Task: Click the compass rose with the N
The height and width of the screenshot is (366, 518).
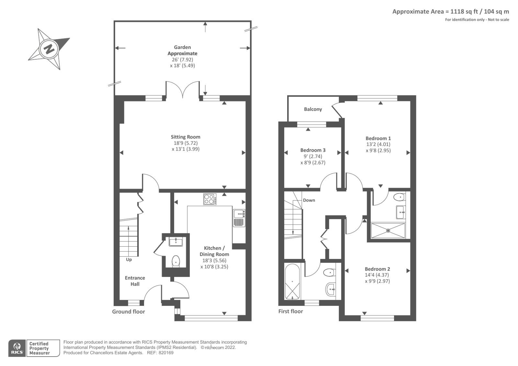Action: click(49, 49)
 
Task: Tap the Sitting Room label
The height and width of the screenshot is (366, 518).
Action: click(186, 137)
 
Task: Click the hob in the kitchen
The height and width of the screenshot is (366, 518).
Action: click(210, 199)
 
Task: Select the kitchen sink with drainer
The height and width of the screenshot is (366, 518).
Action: click(239, 217)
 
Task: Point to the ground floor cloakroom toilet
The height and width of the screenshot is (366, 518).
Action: click(175, 261)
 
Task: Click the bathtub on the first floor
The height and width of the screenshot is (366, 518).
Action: click(293, 282)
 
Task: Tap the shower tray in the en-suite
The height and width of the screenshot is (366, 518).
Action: click(388, 230)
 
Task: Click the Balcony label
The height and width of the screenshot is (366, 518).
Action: click(313, 109)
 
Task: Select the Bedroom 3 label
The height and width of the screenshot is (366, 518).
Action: click(313, 150)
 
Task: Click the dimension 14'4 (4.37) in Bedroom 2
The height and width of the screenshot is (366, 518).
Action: click(377, 275)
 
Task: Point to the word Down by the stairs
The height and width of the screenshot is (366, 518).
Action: click(309, 200)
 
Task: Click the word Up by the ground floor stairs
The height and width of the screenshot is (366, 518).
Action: click(129, 260)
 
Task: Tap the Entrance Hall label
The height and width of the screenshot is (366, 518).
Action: click(135, 281)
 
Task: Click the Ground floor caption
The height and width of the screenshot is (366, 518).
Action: click(129, 312)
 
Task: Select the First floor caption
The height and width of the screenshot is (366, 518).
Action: click(290, 311)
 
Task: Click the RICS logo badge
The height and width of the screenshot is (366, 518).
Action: click(17, 348)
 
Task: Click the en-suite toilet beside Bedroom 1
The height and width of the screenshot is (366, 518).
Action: click(400, 197)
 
